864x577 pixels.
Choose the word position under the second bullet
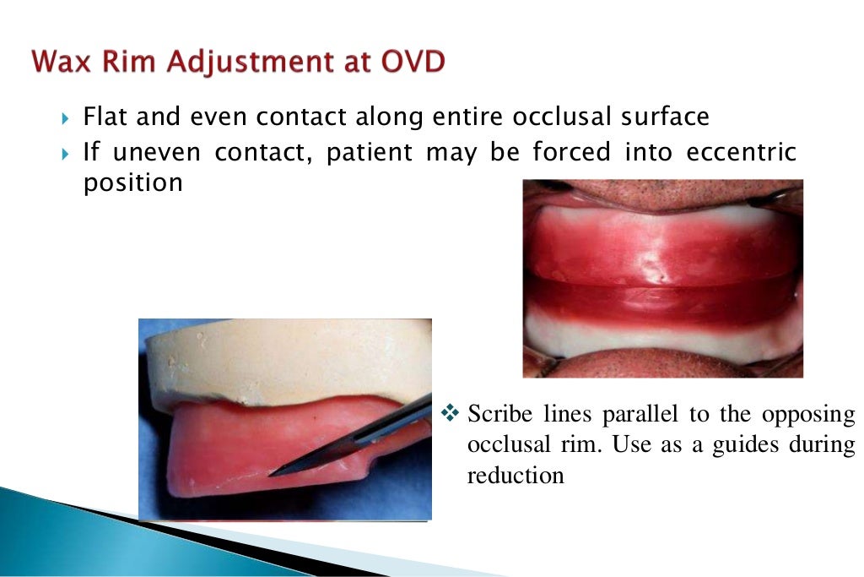click(132, 183)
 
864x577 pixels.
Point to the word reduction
click(515, 476)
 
